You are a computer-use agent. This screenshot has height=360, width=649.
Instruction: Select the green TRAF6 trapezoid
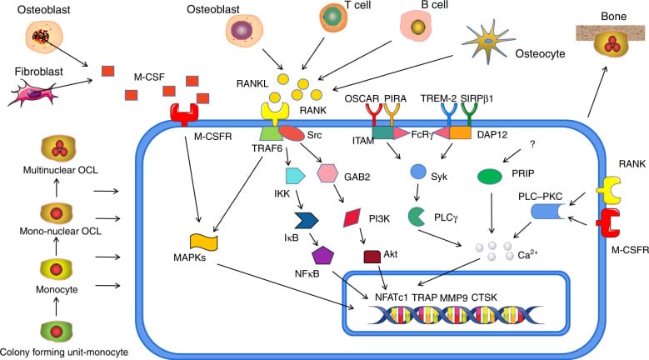pos(272,133)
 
